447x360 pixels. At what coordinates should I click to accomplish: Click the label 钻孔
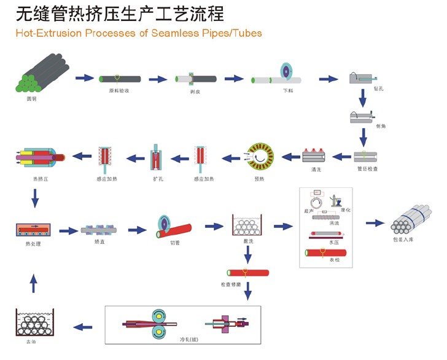379,89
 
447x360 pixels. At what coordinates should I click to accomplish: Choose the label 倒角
380,126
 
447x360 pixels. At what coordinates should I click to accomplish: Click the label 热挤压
41,179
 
